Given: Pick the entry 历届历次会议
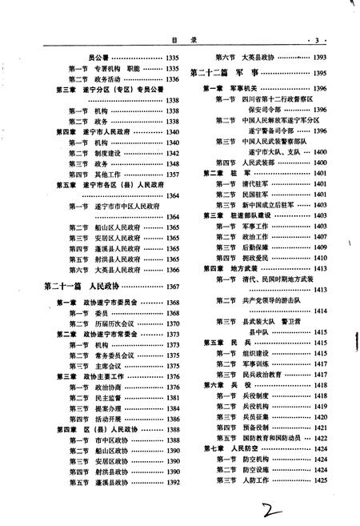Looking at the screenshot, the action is pos(109,323).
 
